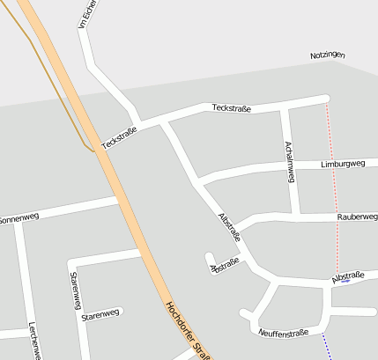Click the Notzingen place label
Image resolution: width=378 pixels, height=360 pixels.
pyautogui.click(x=327, y=55)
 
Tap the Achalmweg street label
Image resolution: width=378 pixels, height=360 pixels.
pyautogui.click(x=288, y=161)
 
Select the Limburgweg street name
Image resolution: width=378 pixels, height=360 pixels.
pyautogui.click(x=344, y=165)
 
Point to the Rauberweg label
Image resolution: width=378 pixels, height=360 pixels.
pyautogui.click(x=357, y=216)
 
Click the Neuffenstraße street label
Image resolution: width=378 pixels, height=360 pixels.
pyautogui.click(x=284, y=333)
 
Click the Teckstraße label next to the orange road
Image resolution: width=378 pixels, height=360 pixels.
pyautogui.click(x=119, y=138)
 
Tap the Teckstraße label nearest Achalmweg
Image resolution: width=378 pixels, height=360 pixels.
pyautogui.click(x=232, y=108)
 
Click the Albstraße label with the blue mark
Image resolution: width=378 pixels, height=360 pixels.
pyautogui.click(x=348, y=276)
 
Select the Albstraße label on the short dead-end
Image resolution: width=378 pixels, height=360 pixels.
pyautogui.click(x=224, y=265)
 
